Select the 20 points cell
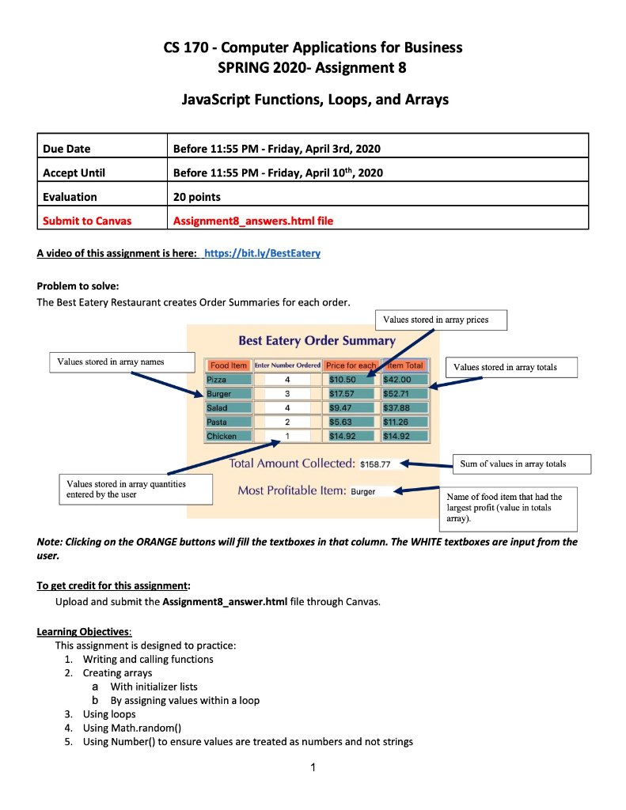196,197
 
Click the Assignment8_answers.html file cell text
252,221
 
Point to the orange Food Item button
229,365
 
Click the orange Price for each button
351,365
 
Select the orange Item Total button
405,365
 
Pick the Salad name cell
228,408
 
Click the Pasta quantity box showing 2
287,422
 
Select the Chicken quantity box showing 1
287,436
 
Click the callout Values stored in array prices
440,320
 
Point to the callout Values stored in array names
122,361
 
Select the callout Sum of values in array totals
514,464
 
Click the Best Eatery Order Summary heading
317,341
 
